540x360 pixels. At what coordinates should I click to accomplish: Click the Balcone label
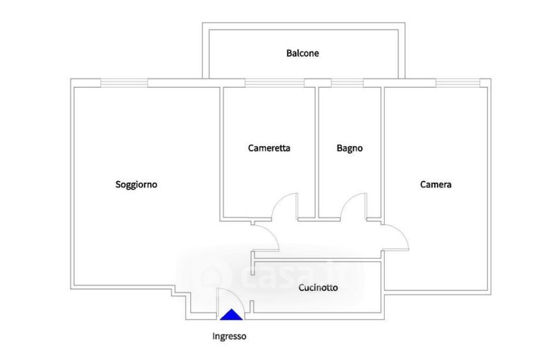coord(302,53)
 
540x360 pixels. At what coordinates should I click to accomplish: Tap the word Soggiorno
coord(136,184)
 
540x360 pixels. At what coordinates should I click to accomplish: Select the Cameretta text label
coord(269,149)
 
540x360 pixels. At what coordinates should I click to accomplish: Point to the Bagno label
coord(350,149)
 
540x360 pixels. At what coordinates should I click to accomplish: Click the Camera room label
coord(436,184)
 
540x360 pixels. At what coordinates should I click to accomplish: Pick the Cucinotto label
coord(318,288)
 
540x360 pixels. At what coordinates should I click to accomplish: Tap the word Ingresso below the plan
coord(230,336)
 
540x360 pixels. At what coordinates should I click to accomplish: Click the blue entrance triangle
coord(232,314)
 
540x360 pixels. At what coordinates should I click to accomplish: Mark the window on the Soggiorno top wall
coord(124,83)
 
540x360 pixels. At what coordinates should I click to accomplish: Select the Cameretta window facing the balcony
coord(274,83)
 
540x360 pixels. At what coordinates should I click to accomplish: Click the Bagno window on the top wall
coord(347,83)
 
